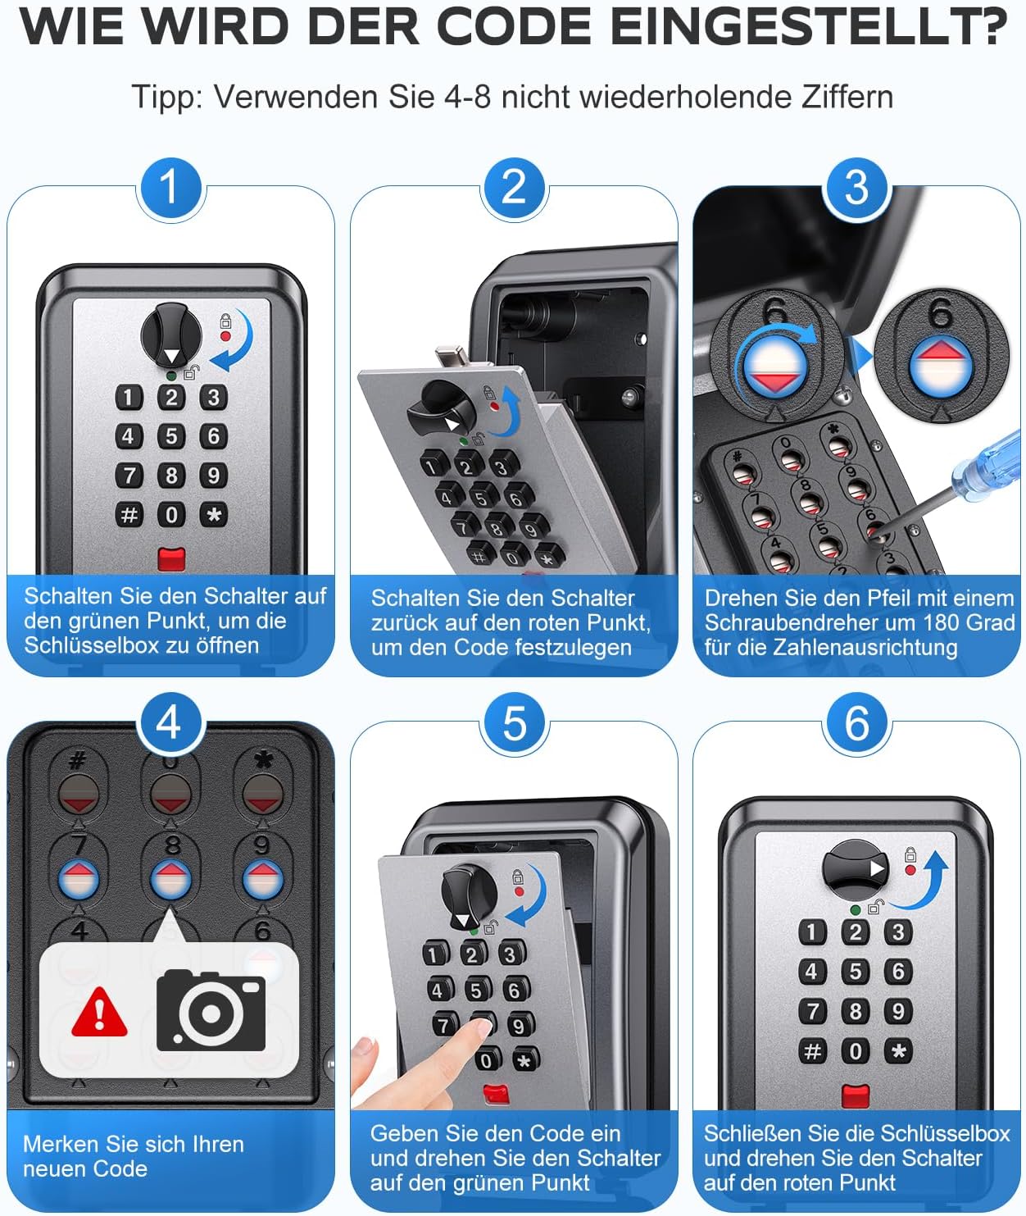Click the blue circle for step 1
click(x=170, y=188)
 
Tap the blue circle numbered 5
click(x=515, y=724)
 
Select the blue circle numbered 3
click(x=856, y=188)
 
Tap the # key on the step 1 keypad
click(x=129, y=514)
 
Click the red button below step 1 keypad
click(x=171, y=559)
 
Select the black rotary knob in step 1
click(x=171, y=337)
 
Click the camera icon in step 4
click(x=211, y=1010)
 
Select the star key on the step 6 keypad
click(x=898, y=1050)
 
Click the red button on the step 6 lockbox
click(x=856, y=1095)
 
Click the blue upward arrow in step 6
click(x=921, y=881)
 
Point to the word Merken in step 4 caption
click(x=61, y=1144)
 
